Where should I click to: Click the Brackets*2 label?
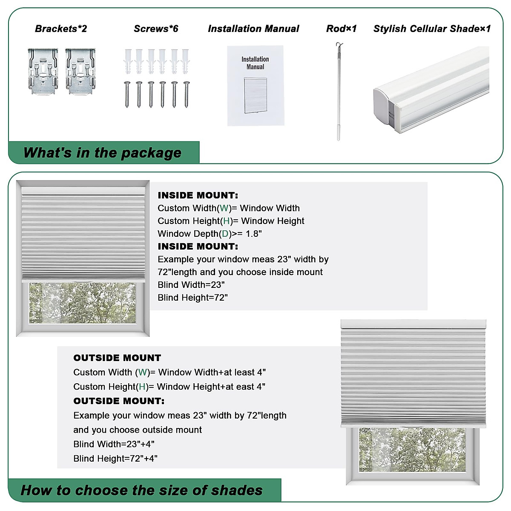[x=61, y=29]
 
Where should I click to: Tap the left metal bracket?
[x=43, y=71]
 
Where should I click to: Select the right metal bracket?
[x=80, y=71]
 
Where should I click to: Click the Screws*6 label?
[x=156, y=29]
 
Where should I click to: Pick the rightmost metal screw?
[x=186, y=94]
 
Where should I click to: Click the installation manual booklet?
[x=255, y=86]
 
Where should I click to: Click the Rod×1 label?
[x=341, y=29]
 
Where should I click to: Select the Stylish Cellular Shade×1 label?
[x=432, y=29]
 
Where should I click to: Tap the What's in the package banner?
[x=103, y=152]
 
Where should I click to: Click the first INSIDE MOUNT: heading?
[x=198, y=195]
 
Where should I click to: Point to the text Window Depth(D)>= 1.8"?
[x=210, y=234]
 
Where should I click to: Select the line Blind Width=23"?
[x=191, y=285]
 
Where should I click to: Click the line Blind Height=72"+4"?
[x=115, y=459]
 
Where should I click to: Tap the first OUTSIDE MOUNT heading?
[x=117, y=358]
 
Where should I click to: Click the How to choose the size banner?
[x=142, y=490]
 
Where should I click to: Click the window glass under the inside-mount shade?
[x=83, y=303]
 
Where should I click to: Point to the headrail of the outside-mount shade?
[x=413, y=324]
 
